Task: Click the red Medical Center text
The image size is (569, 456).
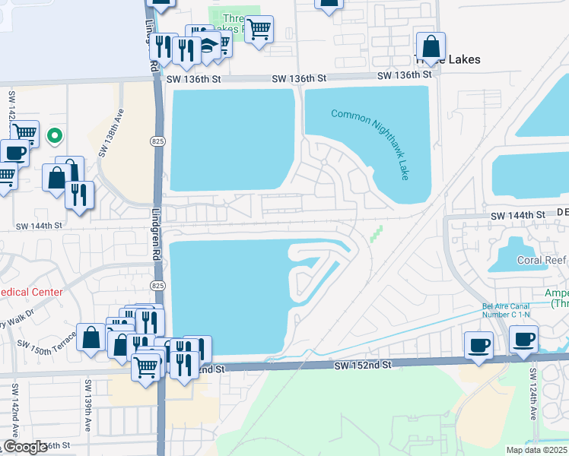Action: point(26,291)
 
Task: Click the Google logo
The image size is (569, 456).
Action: point(24,447)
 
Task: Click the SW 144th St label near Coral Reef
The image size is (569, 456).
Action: point(517,216)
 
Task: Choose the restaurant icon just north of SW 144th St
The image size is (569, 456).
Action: point(79,194)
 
